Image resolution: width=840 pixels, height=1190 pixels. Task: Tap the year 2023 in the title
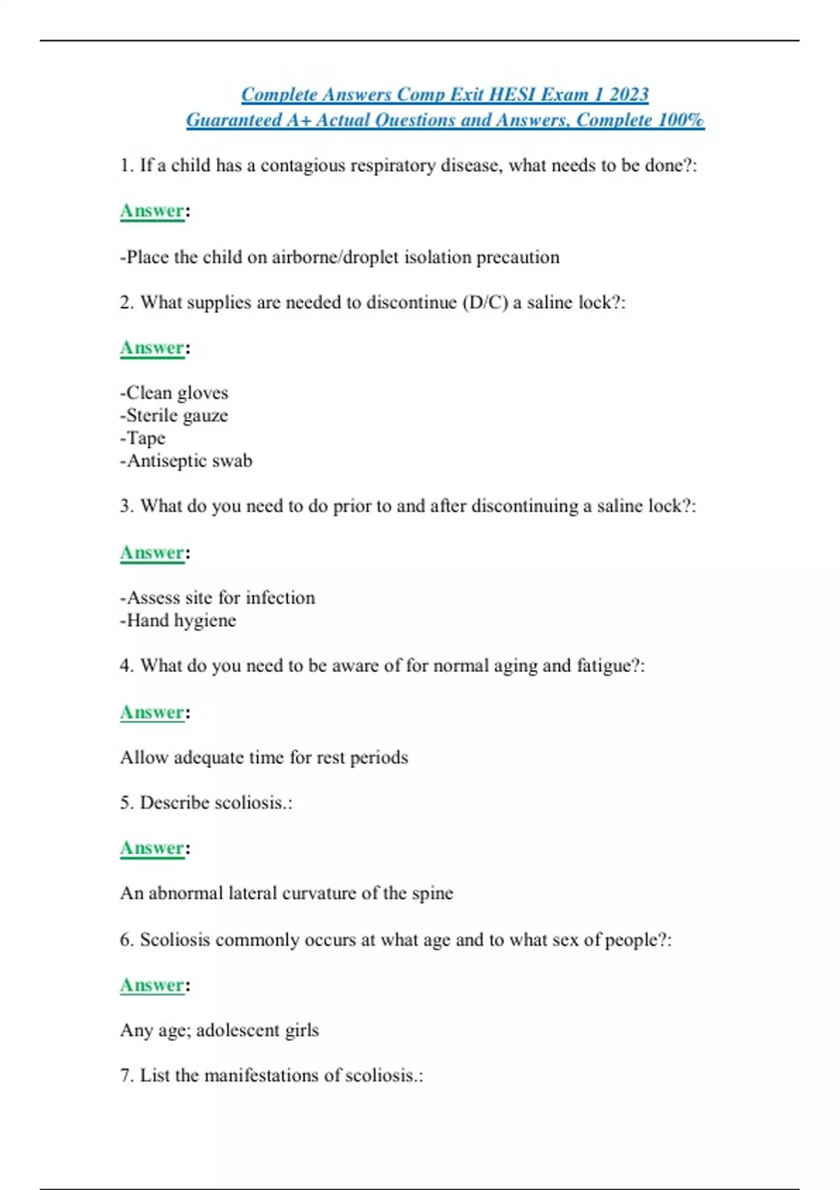pos(629,94)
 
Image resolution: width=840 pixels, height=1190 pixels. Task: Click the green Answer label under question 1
pos(152,211)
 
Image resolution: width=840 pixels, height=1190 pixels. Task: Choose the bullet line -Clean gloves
pos(174,393)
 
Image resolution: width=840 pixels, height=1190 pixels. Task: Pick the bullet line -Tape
pos(143,438)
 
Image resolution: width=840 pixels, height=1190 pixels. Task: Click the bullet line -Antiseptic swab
pos(186,461)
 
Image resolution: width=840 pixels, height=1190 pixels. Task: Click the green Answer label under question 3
pos(152,553)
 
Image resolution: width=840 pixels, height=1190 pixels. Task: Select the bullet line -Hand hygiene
pos(178,620)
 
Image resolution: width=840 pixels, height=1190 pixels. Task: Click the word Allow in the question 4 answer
pos(144,757)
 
